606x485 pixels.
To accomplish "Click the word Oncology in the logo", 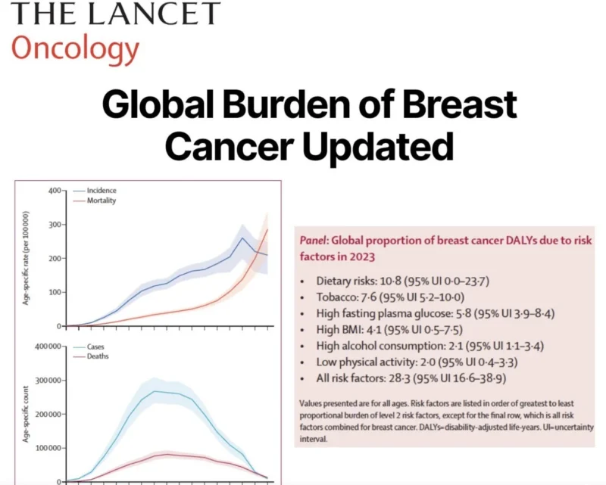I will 75,48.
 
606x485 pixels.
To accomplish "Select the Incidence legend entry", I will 101,190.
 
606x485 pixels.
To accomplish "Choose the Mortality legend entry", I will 101,201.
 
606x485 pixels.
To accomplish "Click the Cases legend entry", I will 97,347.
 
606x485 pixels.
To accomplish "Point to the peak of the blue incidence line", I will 242,238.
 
